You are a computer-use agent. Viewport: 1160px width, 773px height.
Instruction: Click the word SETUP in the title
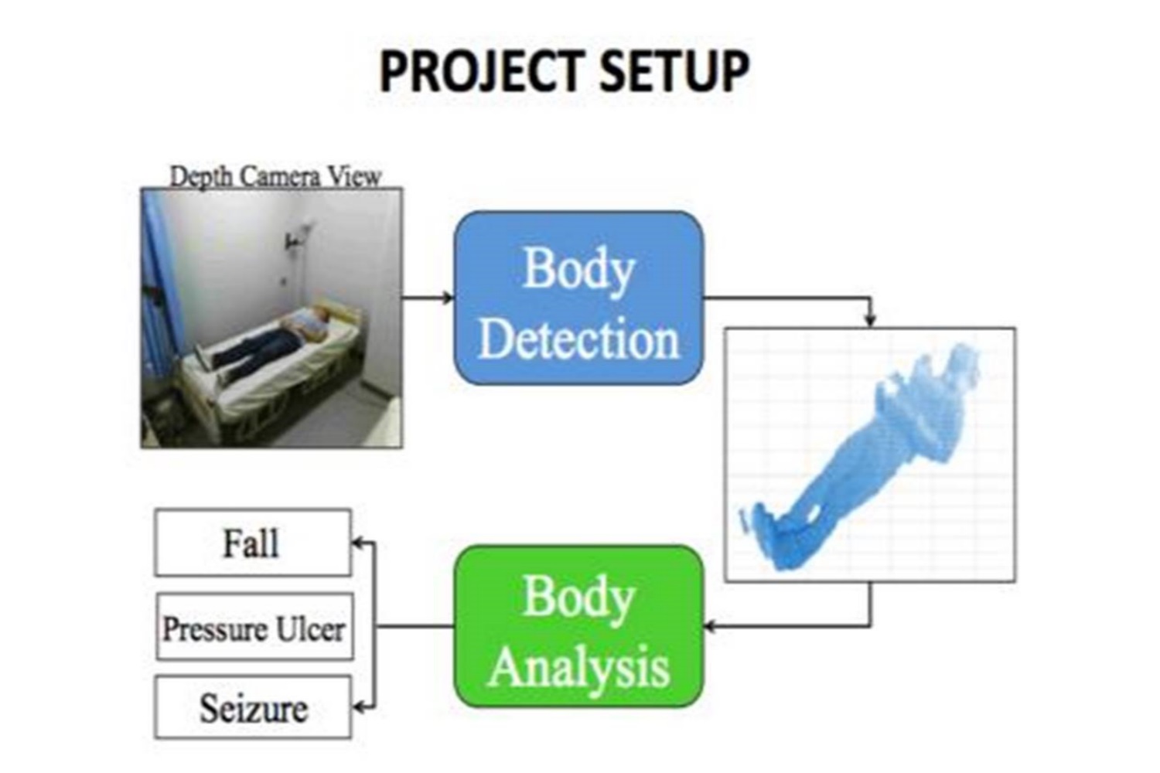[x=673, y=72]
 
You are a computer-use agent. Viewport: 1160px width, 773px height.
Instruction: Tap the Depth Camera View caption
[x=275, y=177]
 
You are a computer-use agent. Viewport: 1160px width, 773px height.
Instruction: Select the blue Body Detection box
[x=578, y=298]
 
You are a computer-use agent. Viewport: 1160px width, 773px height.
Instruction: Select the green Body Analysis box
[x=578, y=626]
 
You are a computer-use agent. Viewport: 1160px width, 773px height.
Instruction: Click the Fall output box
[x=253, y=543]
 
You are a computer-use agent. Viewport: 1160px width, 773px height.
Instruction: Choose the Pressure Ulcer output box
[x=254, y=626]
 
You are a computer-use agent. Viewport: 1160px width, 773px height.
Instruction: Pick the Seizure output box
[x=253, y=707]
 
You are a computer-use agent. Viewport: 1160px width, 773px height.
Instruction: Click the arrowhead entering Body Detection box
[x=449, y=298]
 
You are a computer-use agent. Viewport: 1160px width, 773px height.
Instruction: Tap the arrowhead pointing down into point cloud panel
[x=871, y=321]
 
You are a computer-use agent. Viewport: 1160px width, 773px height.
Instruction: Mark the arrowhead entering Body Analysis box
[x=710, y=626]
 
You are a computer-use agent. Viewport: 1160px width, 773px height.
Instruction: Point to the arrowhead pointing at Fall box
[x=358, y=543]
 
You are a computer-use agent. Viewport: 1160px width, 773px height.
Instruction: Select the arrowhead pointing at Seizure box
[x=358, y=707]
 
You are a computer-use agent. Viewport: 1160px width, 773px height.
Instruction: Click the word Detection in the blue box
[x=578, y=339]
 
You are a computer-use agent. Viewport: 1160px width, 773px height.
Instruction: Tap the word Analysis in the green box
[x=578, y=667]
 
